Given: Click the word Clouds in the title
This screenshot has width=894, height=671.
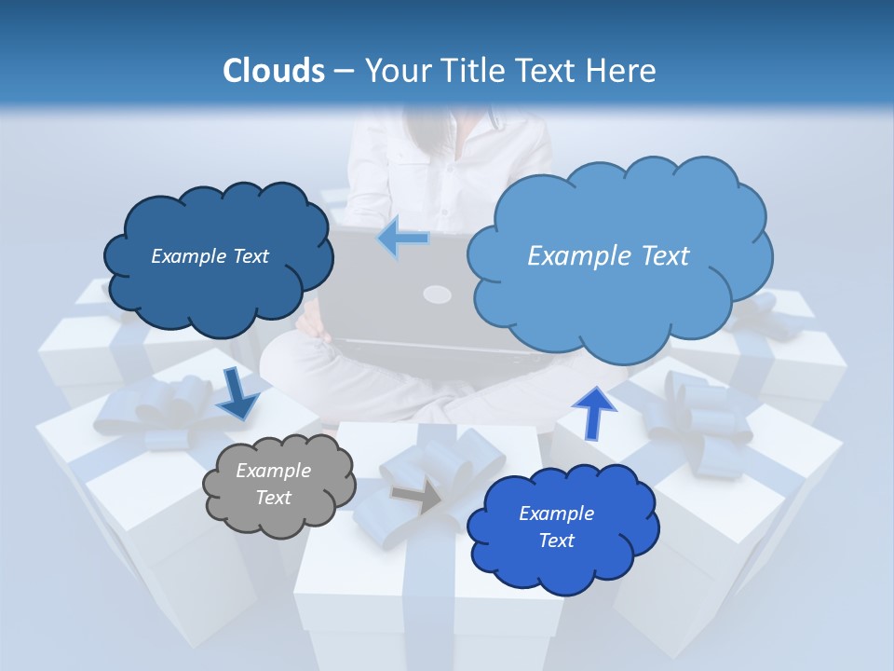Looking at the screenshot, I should (x=274, y=71).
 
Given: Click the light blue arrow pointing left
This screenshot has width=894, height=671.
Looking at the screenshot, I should (x=403, y=239).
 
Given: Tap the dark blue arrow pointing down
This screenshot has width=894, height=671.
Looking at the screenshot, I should (x=237, y=395).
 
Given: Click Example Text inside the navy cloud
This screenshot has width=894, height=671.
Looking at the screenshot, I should (x=210, y=256).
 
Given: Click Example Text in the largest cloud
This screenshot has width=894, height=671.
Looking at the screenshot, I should (x=608, y=256).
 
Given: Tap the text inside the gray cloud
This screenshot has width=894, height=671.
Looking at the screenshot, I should (x=273, y=485).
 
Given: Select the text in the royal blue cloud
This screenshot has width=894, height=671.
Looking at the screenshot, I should (x=556, y=527).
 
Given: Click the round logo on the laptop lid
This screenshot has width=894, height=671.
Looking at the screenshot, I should (x=438, y=295).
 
